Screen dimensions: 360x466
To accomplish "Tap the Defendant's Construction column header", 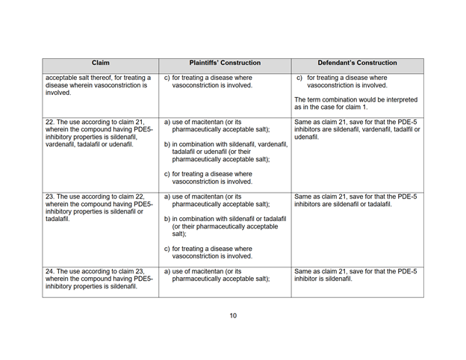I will (x=357, y=63).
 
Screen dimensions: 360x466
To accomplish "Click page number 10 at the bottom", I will (x=233, y=316).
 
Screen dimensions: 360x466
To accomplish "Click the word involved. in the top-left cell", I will (x=62, y=93).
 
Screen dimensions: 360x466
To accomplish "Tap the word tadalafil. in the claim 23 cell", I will (x=61, y=219).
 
